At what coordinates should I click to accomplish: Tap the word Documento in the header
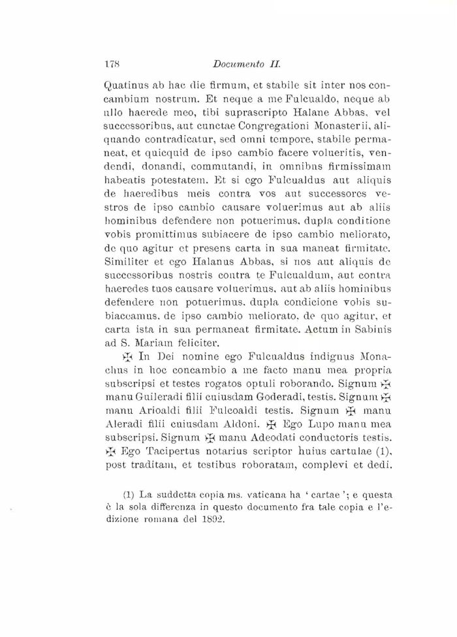(233, 65)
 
